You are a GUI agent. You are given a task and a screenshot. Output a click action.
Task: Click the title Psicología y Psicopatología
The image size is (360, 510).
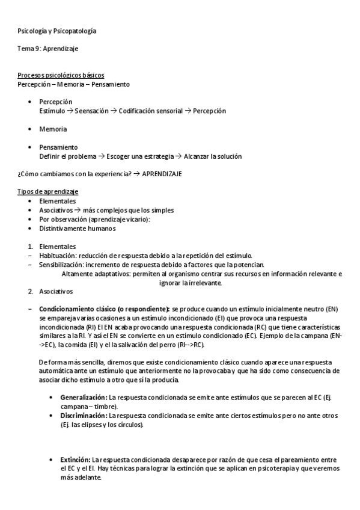pos(57,31)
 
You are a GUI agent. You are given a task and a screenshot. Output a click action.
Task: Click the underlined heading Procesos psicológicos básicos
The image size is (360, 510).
pos(61,75)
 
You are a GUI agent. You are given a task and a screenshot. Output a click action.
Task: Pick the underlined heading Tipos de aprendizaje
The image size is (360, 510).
pos(49,191)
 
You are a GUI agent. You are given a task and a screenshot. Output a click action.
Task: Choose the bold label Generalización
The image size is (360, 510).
pos(84,398)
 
